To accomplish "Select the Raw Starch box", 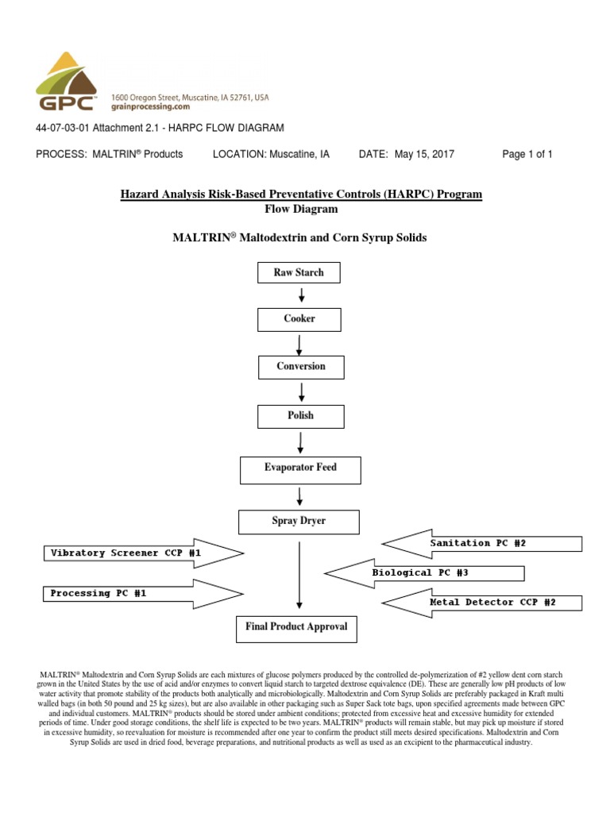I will coord(299,273).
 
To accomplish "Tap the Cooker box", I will coord(299,319).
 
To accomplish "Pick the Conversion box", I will coord(300,367).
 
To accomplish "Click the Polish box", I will coord(300,416).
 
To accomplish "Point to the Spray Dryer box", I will coord(299,522).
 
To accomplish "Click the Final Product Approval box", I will coord(296,627).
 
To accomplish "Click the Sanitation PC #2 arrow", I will coord(485,544).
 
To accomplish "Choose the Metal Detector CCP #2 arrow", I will coord(485,603).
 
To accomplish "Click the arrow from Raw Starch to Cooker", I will coord(301,295).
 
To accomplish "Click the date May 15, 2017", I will coord(424,154).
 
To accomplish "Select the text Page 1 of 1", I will coord(527,154).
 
